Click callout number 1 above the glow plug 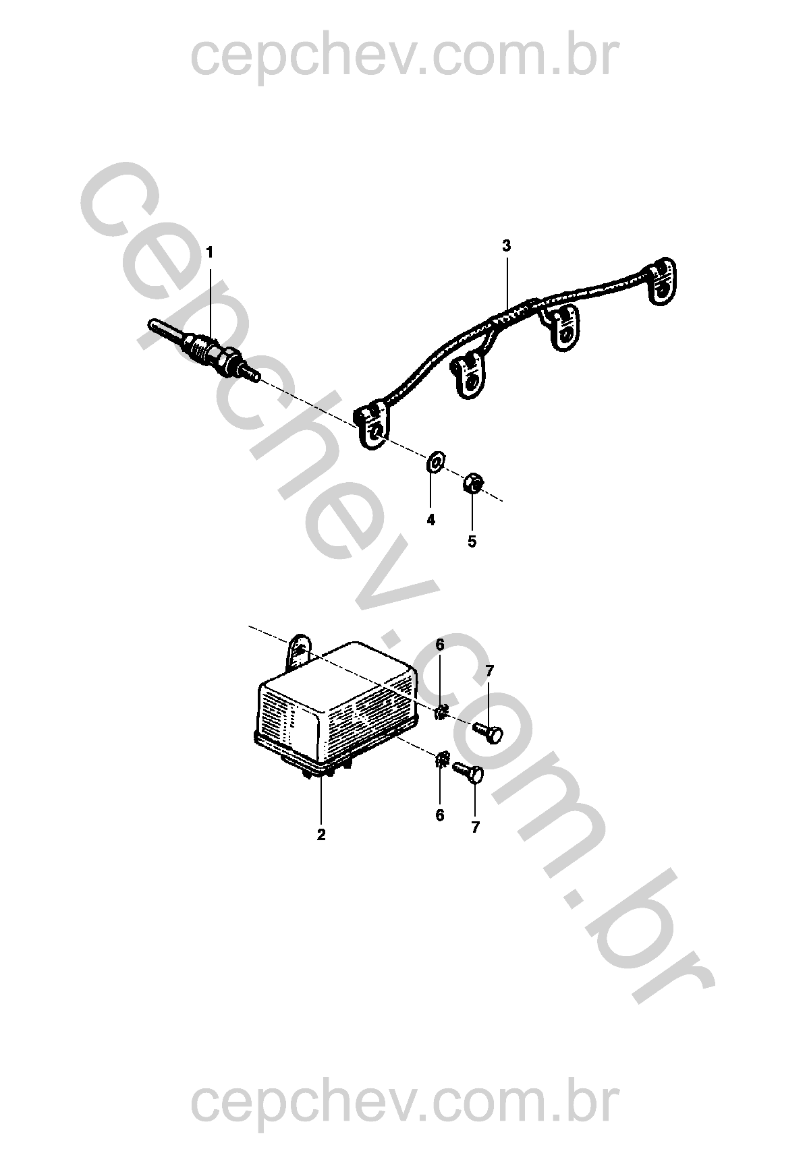(209, 252)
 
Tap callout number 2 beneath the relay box (321, 835)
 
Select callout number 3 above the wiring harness (507, 245)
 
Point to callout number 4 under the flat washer (430, 520)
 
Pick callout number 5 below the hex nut (472, 541)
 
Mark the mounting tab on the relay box (300, 651)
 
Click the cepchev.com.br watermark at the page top (405, 57)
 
